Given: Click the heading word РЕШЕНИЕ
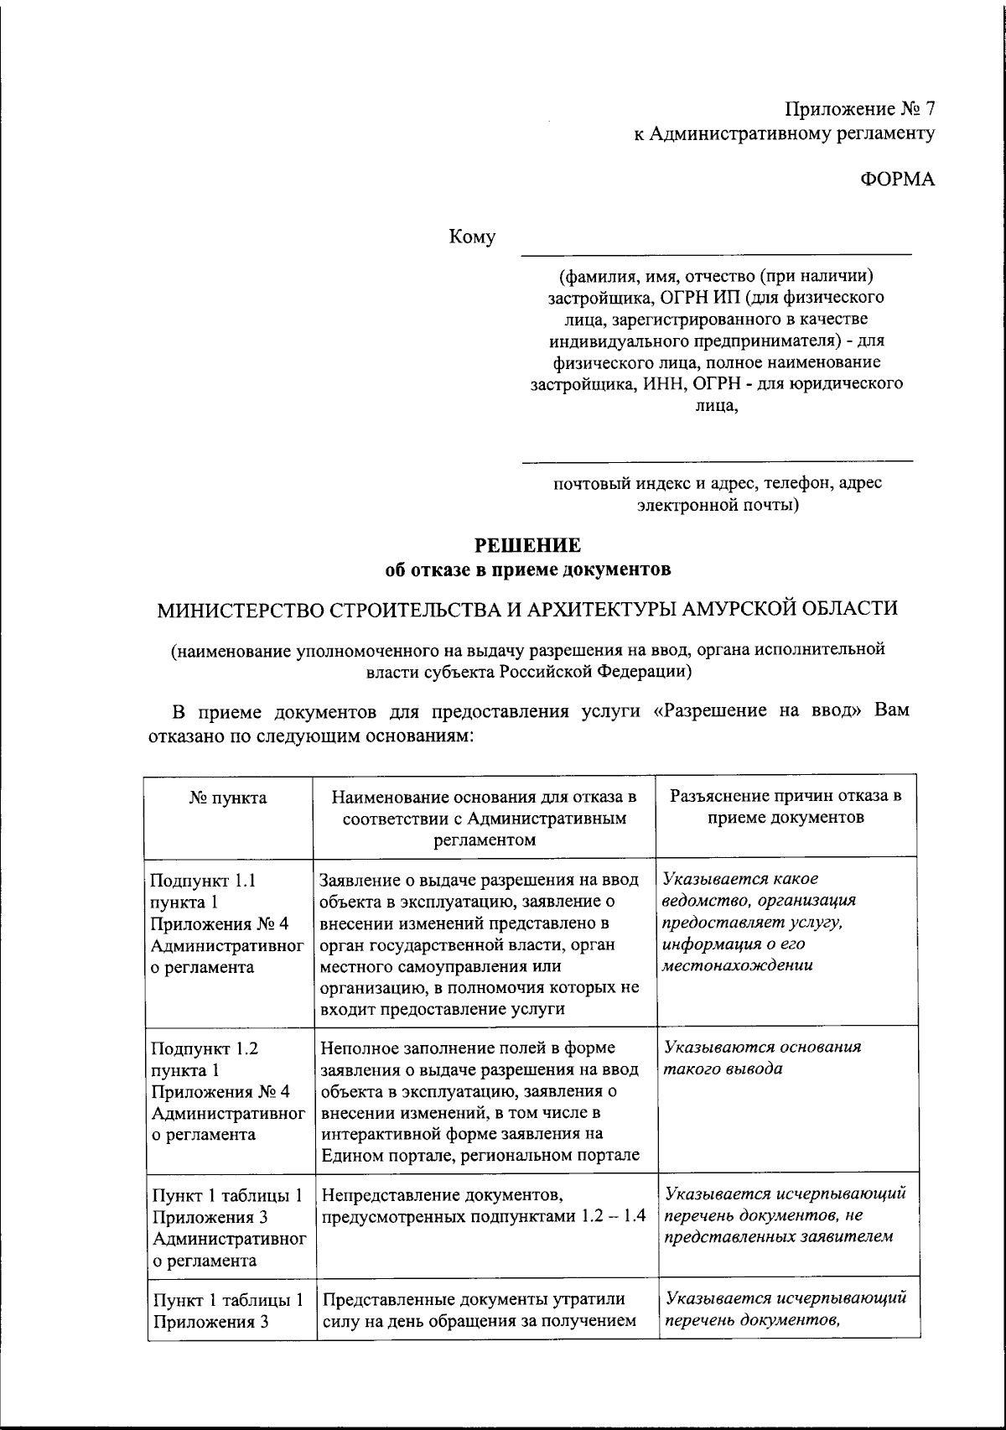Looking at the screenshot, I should (x=528, y=546).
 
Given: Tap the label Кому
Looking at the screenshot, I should (x=473, y=237).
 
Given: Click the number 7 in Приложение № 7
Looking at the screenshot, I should (x=929, y=109).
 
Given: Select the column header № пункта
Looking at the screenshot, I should (x=228, y=798).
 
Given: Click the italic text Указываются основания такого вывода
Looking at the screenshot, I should (x=761, y=1058).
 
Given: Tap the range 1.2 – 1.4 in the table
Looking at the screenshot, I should (x=614, y=1216).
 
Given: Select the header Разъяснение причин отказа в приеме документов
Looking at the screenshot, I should (x=786, y=806).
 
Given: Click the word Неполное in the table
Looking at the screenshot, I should (x=355, y=1048).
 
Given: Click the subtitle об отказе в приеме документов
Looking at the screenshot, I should (x=527, y=569).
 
